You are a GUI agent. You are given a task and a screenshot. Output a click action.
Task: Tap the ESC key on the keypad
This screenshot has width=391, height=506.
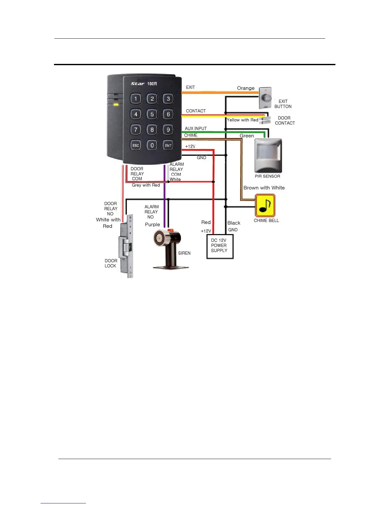point(136,145)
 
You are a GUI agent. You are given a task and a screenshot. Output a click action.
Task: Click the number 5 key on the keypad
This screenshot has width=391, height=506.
point(152,114)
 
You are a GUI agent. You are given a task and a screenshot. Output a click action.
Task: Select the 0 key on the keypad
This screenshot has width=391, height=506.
point(152,145)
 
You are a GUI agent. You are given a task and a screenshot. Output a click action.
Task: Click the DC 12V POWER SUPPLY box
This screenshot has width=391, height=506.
point(220,246)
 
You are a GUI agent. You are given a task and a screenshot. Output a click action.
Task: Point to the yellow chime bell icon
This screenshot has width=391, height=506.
point(265,206)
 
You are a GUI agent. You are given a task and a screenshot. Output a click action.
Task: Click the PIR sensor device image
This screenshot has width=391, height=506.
point(268,155)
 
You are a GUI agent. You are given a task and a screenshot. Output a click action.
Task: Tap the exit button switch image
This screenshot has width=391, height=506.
point(265,98)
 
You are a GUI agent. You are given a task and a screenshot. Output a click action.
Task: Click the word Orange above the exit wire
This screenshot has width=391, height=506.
point(246,88)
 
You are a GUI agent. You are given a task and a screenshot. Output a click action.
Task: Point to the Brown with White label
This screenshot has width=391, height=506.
point(264,188)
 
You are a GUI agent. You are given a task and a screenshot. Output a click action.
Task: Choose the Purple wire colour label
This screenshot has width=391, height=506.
point(152,225)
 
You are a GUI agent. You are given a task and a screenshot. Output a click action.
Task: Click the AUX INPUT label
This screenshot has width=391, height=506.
point(195,128)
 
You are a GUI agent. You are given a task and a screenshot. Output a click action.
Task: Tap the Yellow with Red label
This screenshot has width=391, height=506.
point(242,120)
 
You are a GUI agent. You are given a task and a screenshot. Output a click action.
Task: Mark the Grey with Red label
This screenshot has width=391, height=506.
point(146,185)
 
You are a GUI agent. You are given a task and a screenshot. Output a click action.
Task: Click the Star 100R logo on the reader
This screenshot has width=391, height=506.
point(144,84)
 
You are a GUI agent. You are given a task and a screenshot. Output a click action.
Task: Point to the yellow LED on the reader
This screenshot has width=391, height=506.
point(116,104)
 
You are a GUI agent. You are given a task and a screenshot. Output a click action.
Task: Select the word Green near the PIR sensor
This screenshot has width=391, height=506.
point(247,136)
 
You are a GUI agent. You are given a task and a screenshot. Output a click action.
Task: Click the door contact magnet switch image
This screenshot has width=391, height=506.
point(265,120)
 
